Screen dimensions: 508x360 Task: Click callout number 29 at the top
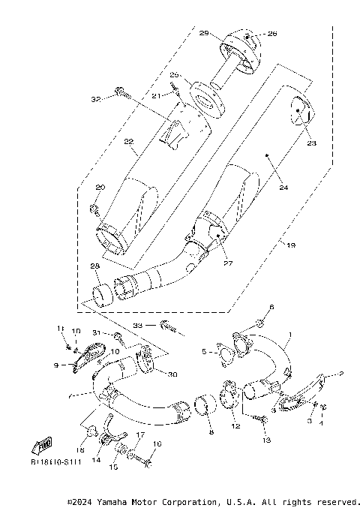click(x=203, y=35)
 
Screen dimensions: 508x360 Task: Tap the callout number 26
click(x=250, y=34)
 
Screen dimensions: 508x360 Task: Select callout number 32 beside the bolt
click(x=95, y=99)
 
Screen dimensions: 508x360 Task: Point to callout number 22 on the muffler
click(x=128, y=142)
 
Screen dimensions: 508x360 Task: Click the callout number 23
click(x=310, y=143)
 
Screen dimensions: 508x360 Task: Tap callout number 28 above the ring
click(x=95, y=266)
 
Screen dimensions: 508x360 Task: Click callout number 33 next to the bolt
click(x=139, y=326)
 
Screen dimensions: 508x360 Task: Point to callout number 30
click(x=172, y=375)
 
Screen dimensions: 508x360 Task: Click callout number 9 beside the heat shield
click(x=55, y=365)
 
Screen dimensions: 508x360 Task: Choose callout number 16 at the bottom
click(x=157, y=443)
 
